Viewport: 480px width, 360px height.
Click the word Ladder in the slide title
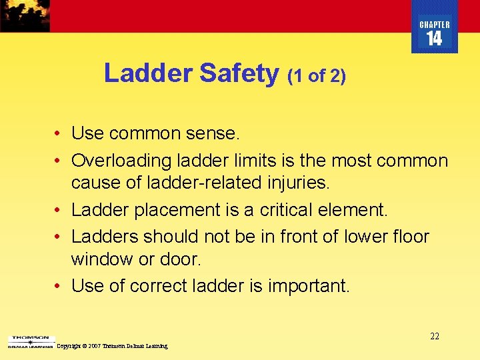tap(148, 73)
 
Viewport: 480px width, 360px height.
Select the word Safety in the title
tap(239, 73)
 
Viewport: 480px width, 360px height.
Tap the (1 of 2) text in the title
tap(317, 76)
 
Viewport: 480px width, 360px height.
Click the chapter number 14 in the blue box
tap(434, 39)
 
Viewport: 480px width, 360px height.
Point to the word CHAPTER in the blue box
tap(434, 25)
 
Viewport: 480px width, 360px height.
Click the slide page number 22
tap(435, 337)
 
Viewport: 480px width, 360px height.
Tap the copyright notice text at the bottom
tap(112, 346)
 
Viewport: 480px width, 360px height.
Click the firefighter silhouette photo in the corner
tap(25, 15)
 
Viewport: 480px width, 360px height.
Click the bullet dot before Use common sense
tap(59, 134)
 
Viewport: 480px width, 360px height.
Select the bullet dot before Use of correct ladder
tap(59, 286)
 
